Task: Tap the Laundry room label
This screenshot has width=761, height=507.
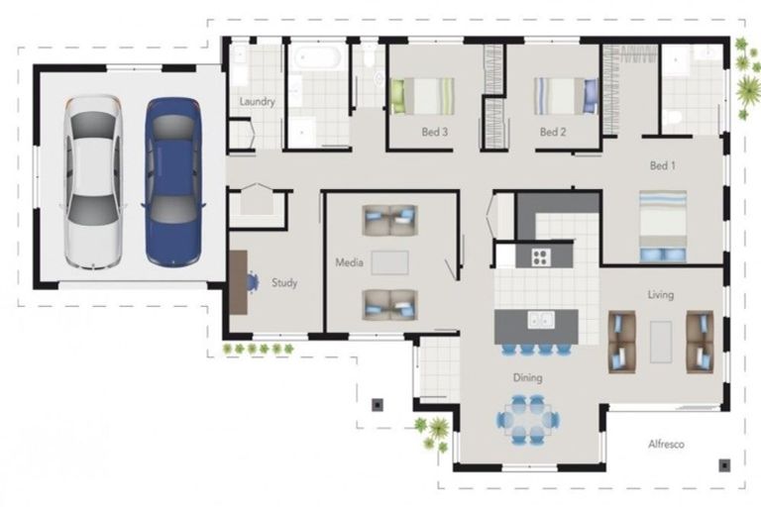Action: tap(257, 102)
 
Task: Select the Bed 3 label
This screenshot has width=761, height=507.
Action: tap(434, 132)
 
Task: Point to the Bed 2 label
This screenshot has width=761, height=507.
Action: tap(552, 132)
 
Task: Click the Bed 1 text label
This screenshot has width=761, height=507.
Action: tap(662, 165)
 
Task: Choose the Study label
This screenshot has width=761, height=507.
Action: tap(284, 282)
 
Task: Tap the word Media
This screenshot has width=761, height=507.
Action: tap(349, 262)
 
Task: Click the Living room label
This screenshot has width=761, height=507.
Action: tap(660, 294)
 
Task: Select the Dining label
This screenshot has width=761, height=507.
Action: tap(527, 377)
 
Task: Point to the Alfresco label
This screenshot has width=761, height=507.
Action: tap(666, 444)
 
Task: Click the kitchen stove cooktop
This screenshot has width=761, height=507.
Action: tap(540, 257)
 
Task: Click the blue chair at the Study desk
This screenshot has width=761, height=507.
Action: tap(252, 281)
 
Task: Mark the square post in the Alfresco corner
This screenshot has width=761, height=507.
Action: tap(725, 463)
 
